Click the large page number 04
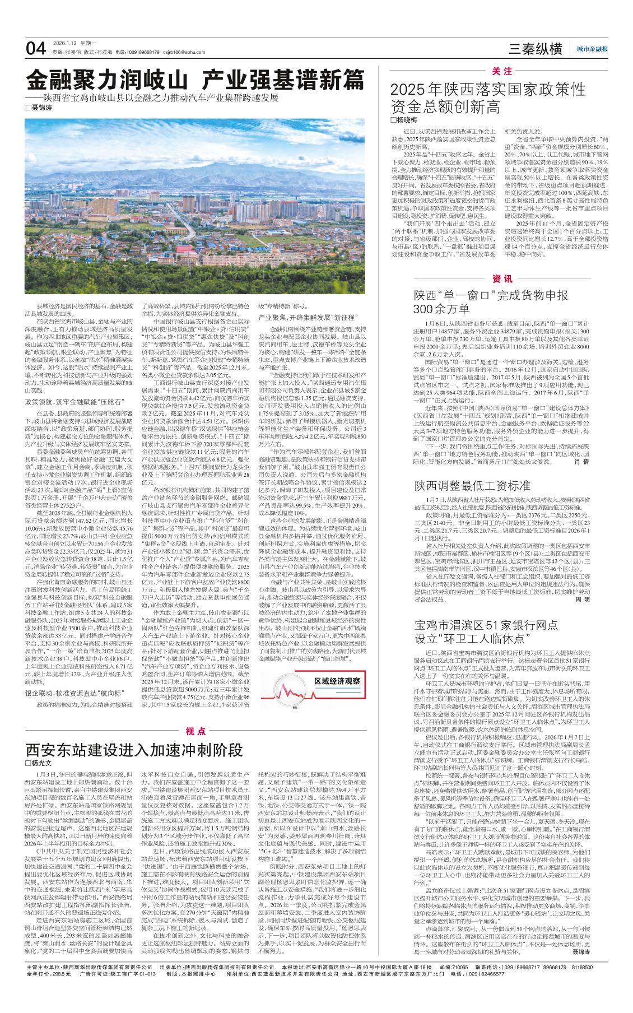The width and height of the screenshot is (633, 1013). point(36,48)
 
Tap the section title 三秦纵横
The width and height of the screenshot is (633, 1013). point(534,49)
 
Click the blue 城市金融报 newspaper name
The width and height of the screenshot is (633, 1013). point(592,49)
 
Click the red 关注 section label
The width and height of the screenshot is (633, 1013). point(502,71)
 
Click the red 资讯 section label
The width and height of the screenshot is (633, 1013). point(502,279)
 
